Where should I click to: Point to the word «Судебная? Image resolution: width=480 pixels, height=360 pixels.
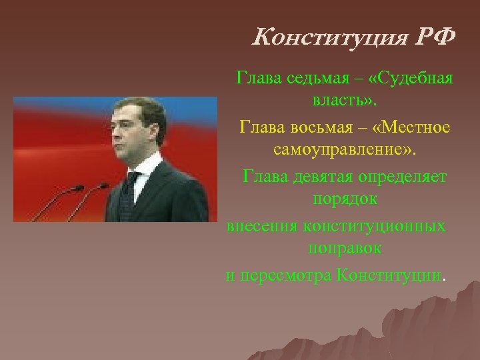click(413, 79)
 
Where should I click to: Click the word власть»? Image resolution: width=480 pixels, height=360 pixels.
click(343, 103)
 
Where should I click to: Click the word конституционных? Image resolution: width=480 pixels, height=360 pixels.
click(375, 225)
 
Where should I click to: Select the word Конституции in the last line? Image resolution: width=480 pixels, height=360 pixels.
click(389, 275)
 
